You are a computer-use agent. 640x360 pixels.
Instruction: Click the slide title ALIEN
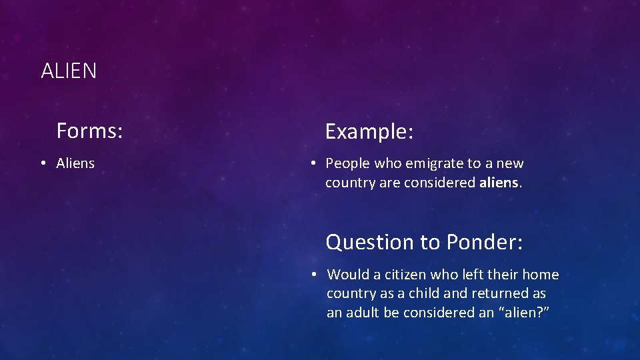click(x=69, y=71)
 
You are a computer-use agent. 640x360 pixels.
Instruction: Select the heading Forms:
click(x=89, y=131)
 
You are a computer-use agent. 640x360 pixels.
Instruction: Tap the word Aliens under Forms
click(x=75, y=163)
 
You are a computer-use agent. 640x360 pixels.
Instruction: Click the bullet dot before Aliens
click(x=42, y=163)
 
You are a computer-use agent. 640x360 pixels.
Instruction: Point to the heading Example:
click(x=369, y=131)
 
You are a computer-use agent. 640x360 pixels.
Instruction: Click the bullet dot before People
click(x=311, y=163)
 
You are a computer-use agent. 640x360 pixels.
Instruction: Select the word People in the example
click(x=347, y=163)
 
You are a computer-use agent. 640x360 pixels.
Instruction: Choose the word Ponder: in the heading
click(x=485, y=242)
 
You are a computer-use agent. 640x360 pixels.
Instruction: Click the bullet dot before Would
click(x=313, y=275)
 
